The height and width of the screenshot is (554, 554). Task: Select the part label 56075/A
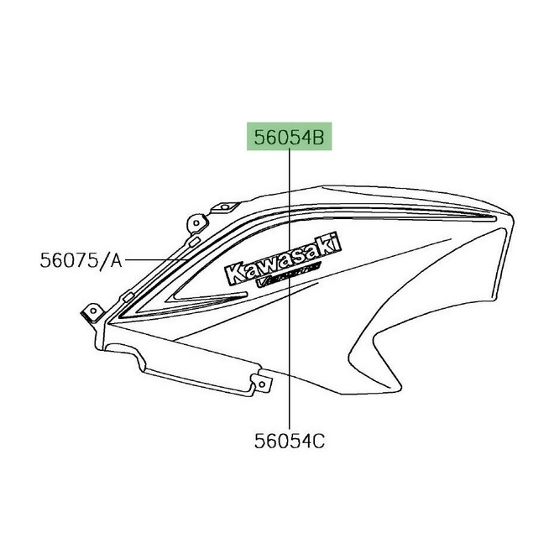(81, 261)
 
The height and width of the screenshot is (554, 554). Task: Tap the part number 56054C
(289, 439)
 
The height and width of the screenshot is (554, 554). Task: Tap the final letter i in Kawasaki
(339, 240)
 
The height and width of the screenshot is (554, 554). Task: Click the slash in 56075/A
(103, 261)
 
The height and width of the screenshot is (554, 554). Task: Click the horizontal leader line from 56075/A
(155, 261)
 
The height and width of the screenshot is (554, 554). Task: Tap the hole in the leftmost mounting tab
(86, 312)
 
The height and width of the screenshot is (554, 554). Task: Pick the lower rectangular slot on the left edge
(128, 295)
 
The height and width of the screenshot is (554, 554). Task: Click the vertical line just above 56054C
(290, 403)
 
